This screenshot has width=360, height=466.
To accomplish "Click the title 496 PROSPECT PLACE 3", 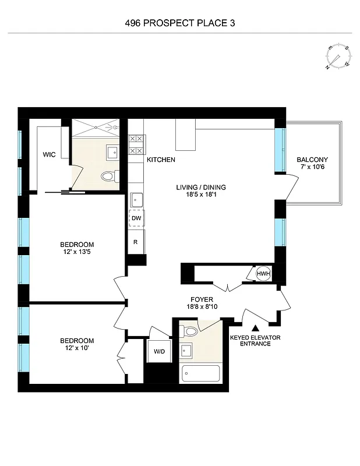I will coord(180,24).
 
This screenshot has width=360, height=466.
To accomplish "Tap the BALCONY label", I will coord(312,160).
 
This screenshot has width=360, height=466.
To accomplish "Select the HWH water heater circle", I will coord(263,274).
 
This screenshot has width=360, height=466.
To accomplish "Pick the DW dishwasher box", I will coord(136,218).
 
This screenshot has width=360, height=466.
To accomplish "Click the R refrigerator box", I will coord(136,241).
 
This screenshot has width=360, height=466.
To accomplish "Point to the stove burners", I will coord(136,144).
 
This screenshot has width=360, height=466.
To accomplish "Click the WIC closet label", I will coord(49,155).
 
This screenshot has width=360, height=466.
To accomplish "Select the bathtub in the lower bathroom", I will coord(201,373).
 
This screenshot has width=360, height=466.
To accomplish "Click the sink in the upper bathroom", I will coord(113,153).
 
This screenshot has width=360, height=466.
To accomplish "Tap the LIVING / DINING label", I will coord(201,188).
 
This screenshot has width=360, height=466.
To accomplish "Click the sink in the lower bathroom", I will coord(187,351).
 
